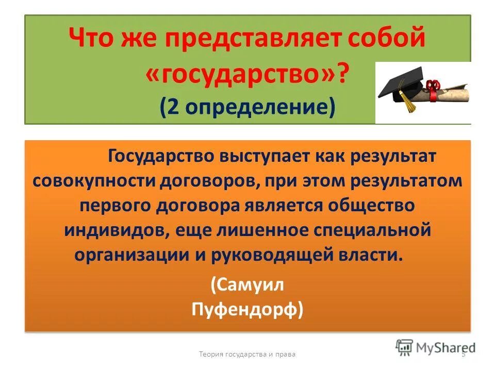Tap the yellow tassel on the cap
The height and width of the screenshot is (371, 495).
click(410, 103)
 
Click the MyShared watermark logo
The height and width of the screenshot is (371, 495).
click(436, 347)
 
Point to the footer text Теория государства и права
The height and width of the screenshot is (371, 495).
click(247, 355)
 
